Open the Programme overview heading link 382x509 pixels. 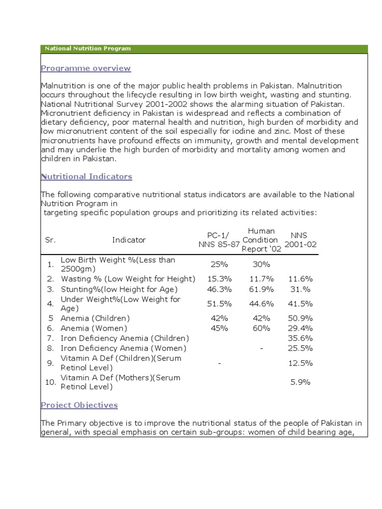coord(86,68)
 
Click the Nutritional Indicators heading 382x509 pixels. coord(86,176)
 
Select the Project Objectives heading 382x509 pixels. coord(79,405)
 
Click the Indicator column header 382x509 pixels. coord(129,240)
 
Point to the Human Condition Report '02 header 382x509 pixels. coord(261,240)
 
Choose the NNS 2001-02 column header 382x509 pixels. coord(300,240)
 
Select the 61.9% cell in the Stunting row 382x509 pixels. coord(261,289)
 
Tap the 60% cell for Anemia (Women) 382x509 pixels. coord(261,328)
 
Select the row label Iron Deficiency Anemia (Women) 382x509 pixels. coord(123,348)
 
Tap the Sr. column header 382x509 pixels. coord(50,240)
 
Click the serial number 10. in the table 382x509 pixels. coord(50,382)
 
